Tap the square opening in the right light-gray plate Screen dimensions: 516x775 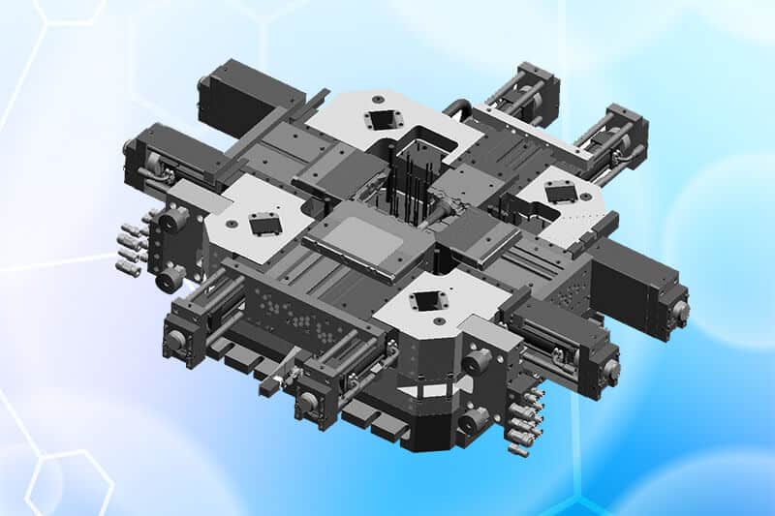pos(561,194)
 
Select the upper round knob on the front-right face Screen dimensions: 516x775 pos(478,363)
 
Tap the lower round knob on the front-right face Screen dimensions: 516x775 pos(473,421)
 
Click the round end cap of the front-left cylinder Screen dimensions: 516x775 pos(178,340)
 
